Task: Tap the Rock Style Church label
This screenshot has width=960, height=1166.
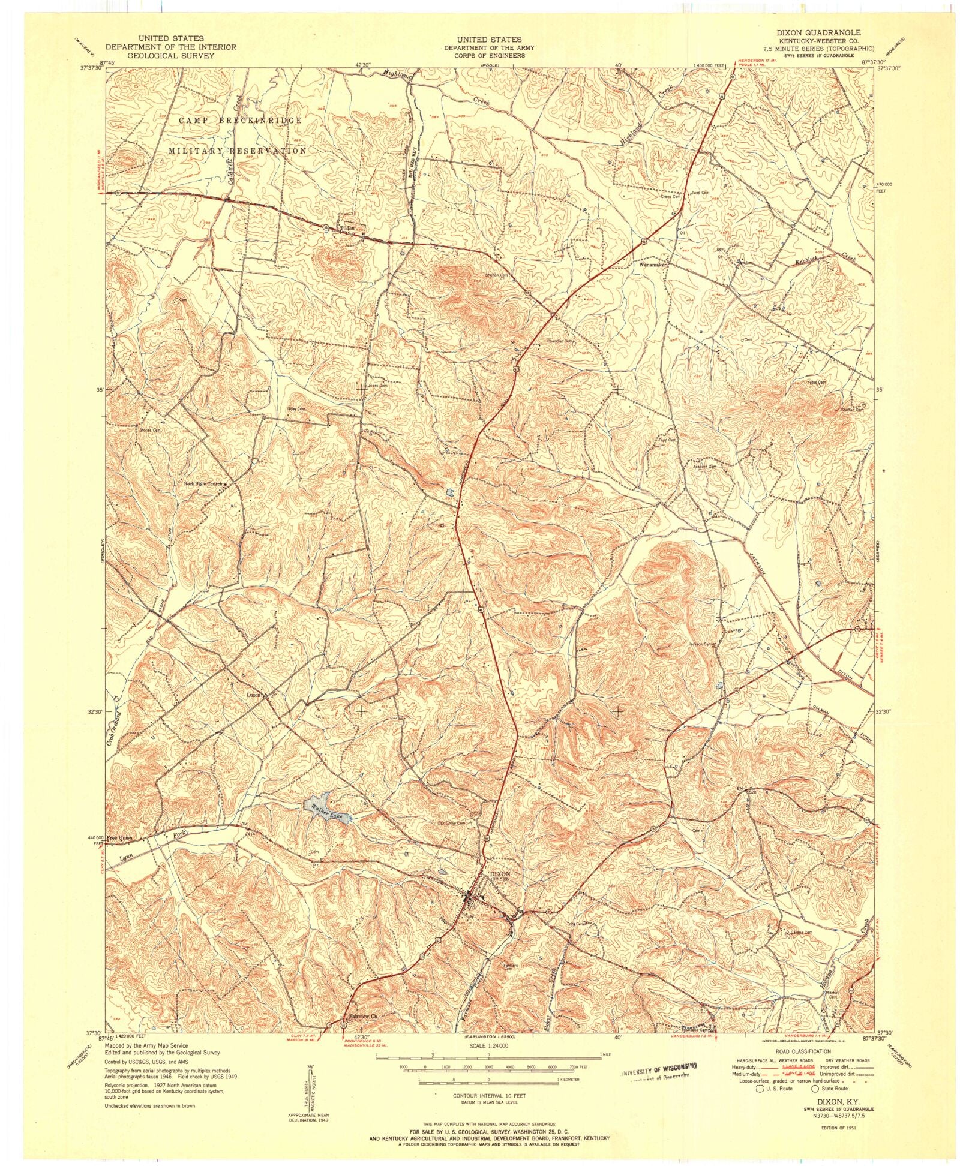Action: click(202, 483)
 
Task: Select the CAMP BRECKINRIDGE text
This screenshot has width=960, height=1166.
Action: click(240, 120)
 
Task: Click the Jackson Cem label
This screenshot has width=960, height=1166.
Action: click(703, 645)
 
